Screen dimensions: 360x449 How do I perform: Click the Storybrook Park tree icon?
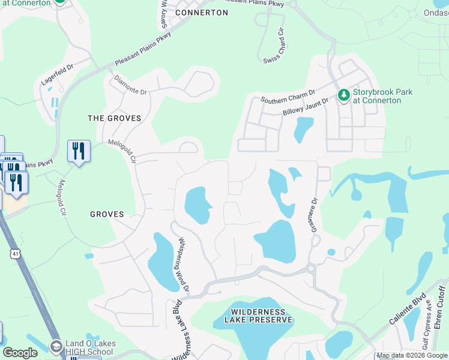(344, 95)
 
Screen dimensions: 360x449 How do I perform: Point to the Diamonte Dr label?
(130, 85)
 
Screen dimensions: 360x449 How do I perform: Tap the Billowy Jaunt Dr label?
(306, 107)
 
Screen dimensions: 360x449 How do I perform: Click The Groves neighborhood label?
(115, 118)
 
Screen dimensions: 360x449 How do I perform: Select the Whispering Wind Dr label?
(182, 265)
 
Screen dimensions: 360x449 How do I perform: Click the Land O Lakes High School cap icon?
(56, 346)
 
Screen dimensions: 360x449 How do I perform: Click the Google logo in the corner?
(20, 353)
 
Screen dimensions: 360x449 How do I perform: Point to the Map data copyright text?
(412, 356)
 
